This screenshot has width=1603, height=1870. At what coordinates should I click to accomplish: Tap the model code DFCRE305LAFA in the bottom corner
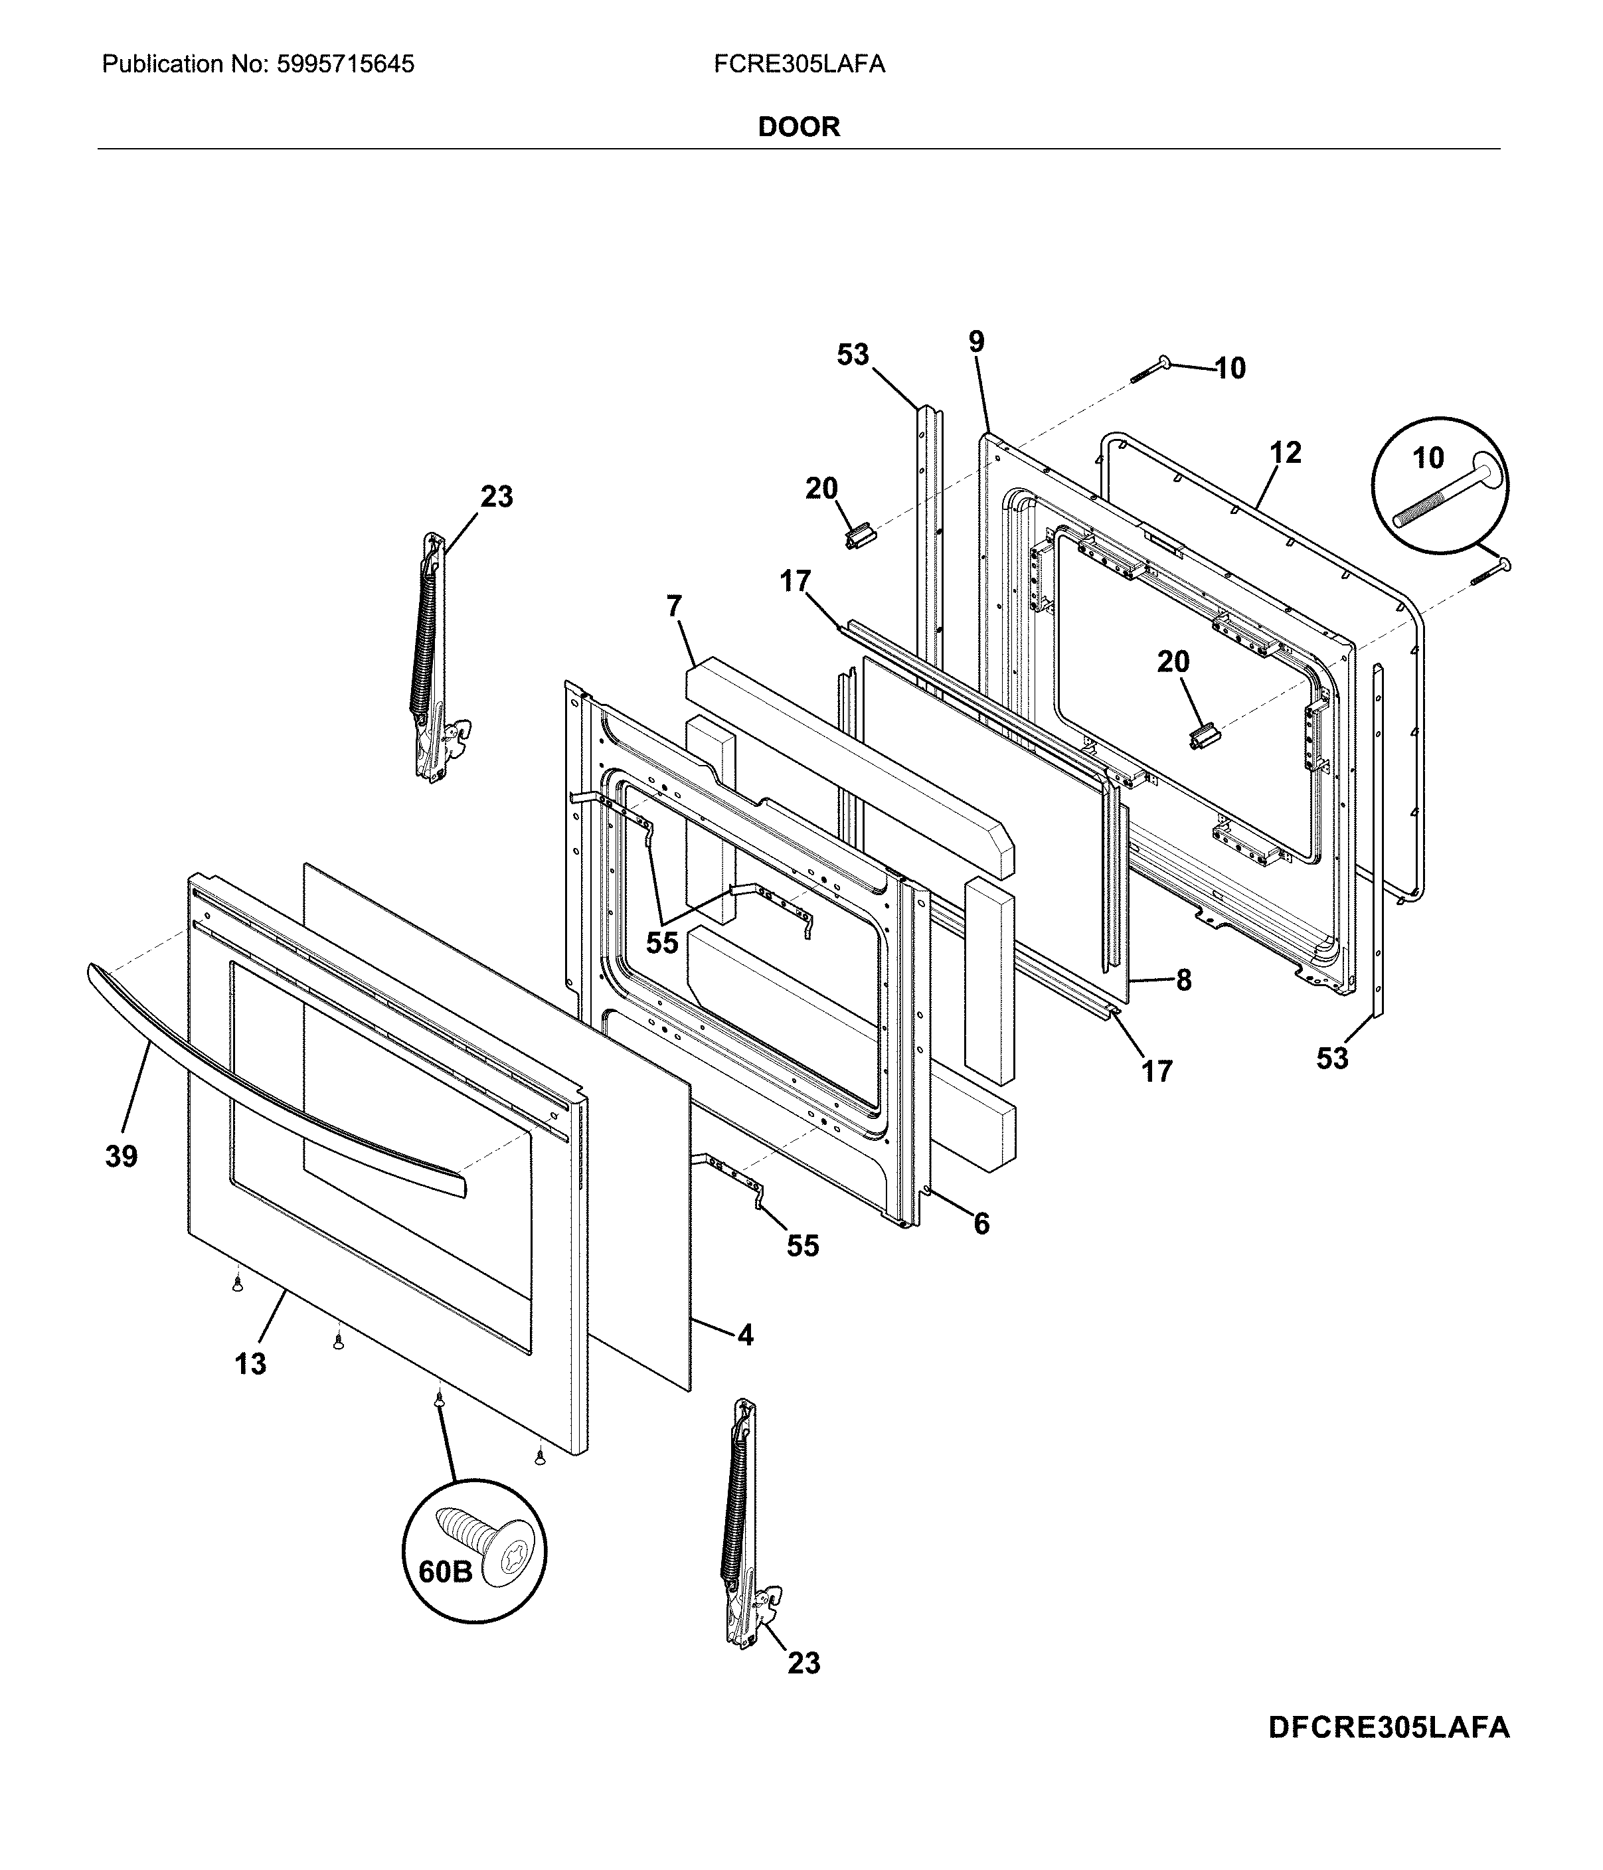tap(1389, 1727)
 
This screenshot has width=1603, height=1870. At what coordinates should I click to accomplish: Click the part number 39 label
tap(122, 1156)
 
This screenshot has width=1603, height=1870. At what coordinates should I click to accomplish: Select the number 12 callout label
tap(1286, 452)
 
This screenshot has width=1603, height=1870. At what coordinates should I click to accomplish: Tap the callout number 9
tap(977, 341)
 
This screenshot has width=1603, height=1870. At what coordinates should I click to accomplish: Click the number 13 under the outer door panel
tap(251, 1364)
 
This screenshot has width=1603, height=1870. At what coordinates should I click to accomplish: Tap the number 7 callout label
tap(674, 606)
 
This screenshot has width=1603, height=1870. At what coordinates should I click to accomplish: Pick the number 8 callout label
tap(1183, 979)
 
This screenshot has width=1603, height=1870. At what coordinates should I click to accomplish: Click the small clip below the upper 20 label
tap(859, 538)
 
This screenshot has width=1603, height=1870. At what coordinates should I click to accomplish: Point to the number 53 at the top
tap(852, 355)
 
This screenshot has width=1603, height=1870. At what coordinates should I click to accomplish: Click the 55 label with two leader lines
tap(661, 942)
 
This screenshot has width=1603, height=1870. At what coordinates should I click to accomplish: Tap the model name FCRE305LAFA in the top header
tap(799, 64)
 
